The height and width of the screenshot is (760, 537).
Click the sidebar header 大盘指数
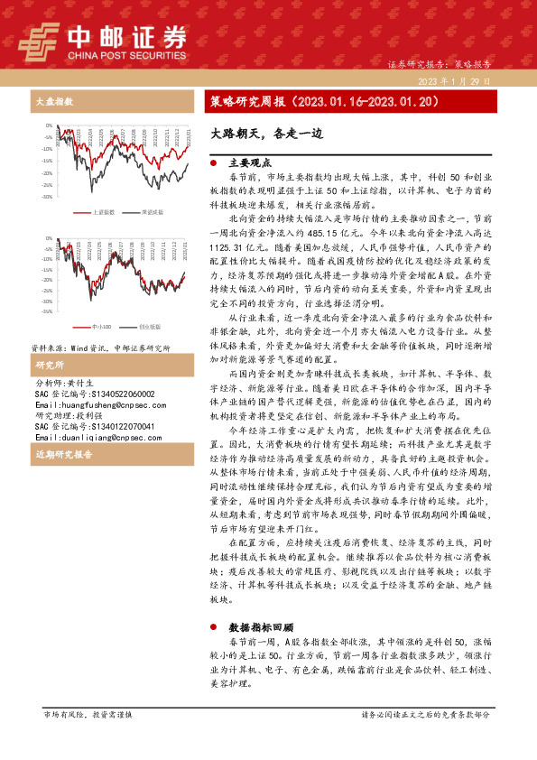coord(51,102)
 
